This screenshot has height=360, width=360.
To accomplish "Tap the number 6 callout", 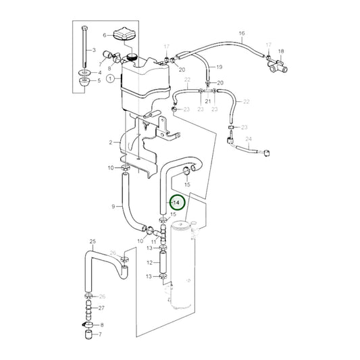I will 105,34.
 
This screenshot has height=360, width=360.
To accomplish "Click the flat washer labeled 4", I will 84,72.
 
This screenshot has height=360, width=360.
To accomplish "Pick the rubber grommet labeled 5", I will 84,83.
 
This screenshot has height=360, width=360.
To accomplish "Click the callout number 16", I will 241,33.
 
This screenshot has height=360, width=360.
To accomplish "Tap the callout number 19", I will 219,68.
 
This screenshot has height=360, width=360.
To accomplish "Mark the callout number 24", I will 248,140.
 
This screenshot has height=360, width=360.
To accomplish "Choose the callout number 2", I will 109,143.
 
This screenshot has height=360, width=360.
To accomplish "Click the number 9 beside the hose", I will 112,206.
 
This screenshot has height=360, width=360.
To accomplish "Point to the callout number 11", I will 154,241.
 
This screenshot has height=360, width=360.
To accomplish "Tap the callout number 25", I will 93,241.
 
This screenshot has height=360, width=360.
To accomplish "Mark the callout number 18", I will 282,51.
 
